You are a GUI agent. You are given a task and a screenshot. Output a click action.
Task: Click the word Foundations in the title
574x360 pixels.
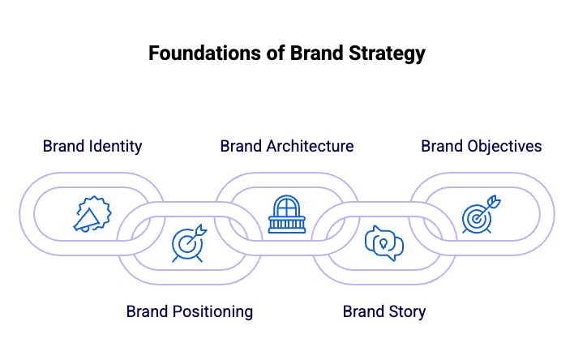[x=205, y=53]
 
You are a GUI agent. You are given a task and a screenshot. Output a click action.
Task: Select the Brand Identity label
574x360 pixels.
[x=92, y=146]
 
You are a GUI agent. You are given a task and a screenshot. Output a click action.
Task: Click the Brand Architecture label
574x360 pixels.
[x=287, y=146]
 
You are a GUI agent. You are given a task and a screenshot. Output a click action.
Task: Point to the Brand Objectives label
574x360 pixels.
[x=481, y=146]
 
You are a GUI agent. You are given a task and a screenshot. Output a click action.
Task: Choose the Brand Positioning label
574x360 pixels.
[x=189, y=311]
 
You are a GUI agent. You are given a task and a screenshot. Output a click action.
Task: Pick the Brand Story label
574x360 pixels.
[x=384, y=311]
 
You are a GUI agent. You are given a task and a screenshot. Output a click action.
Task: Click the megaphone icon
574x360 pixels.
[x=92, y=214]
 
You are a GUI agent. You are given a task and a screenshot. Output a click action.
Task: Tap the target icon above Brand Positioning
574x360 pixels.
[x=189, y=242]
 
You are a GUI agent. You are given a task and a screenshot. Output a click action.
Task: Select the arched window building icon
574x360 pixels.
[x=287, y=214]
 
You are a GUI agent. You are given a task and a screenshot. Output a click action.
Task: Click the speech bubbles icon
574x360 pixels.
[x=384, y=243]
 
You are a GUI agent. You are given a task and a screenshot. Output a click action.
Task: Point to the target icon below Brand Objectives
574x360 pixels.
[x=481, y=214]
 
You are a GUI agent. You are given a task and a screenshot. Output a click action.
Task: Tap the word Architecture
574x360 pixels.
[x=310, y=146]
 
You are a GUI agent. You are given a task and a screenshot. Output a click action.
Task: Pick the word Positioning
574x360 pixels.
[x=212, y=311]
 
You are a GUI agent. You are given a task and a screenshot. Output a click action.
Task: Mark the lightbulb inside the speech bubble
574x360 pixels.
[x=383, y=243]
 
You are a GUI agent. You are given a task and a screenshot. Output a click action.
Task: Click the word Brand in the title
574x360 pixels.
[x=317, y=53]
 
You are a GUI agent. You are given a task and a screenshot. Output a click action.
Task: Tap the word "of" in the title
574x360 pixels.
[x=276, y=53]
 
